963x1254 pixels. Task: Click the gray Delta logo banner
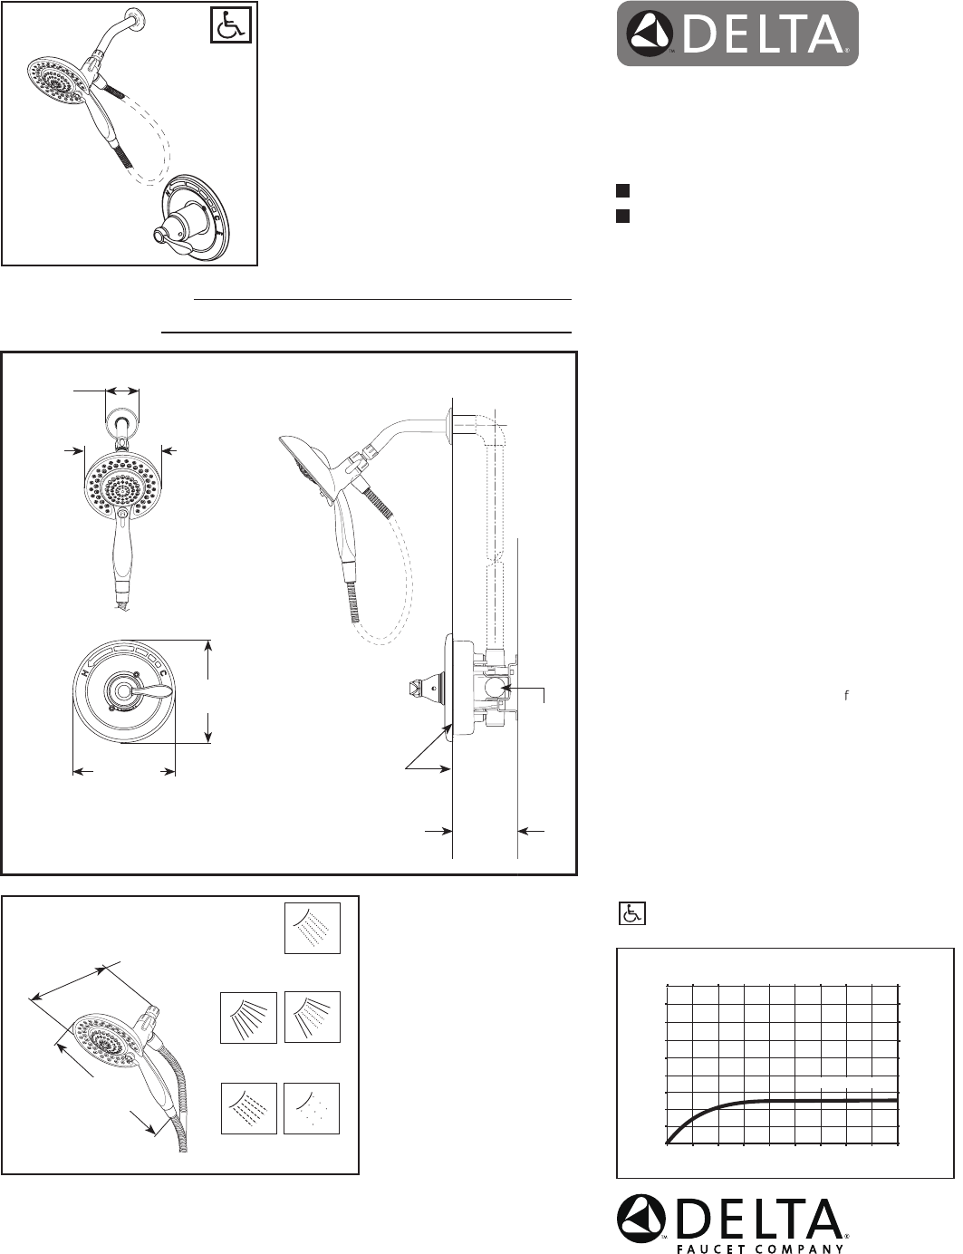737,34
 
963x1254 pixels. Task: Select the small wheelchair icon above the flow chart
631,913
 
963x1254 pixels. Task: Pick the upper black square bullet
622,190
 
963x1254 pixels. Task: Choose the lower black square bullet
622,216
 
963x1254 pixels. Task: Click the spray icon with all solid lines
249,1018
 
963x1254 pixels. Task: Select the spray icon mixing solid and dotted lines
313,1018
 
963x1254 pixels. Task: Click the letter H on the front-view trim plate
85,673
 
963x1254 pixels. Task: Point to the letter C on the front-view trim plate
163,673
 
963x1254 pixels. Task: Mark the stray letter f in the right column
846,695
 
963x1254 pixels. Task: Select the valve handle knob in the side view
422,688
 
